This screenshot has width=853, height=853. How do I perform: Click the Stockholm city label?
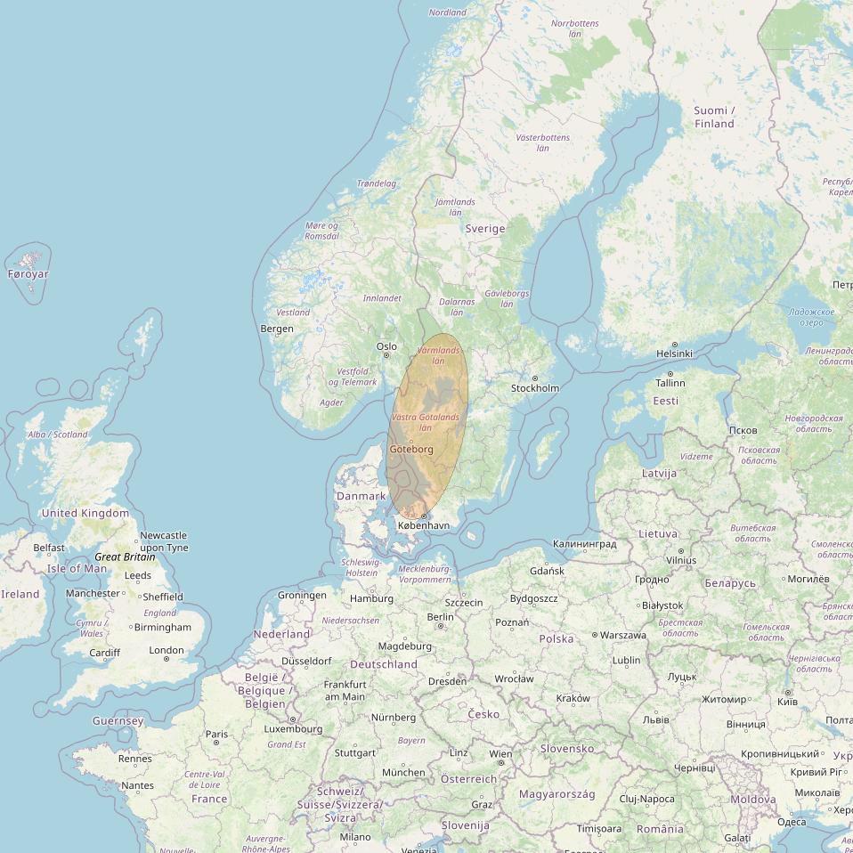click(535, 388)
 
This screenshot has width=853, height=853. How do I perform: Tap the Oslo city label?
click(386, 346)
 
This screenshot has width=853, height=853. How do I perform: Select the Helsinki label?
click(674, 353)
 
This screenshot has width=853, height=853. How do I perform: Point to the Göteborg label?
click(411, 450)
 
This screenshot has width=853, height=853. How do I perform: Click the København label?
click(424, 526)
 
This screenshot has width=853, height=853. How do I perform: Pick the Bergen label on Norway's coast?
click(277, 329)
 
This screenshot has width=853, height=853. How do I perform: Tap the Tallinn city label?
click(670, 383)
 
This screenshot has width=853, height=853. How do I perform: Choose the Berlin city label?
click(441, 617)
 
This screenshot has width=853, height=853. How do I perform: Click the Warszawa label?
click(623, 636)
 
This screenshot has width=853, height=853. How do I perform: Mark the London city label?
click(167, 650)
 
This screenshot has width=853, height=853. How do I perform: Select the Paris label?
click(217, 735)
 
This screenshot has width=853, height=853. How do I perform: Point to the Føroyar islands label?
click(28, 274)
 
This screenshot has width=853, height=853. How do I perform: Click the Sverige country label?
click(485, 229)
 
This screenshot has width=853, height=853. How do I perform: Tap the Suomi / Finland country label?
click(714, 117)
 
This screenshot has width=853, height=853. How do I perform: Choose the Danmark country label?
click(361, 496)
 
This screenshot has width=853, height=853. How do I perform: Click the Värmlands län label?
click(439, 355)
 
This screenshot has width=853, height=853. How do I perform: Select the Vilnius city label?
click(681, 561)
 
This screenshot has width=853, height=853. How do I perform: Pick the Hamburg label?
click(371, 598)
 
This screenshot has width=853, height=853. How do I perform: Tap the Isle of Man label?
click(77, 568)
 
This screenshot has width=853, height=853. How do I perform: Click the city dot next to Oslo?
click(386, 356)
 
